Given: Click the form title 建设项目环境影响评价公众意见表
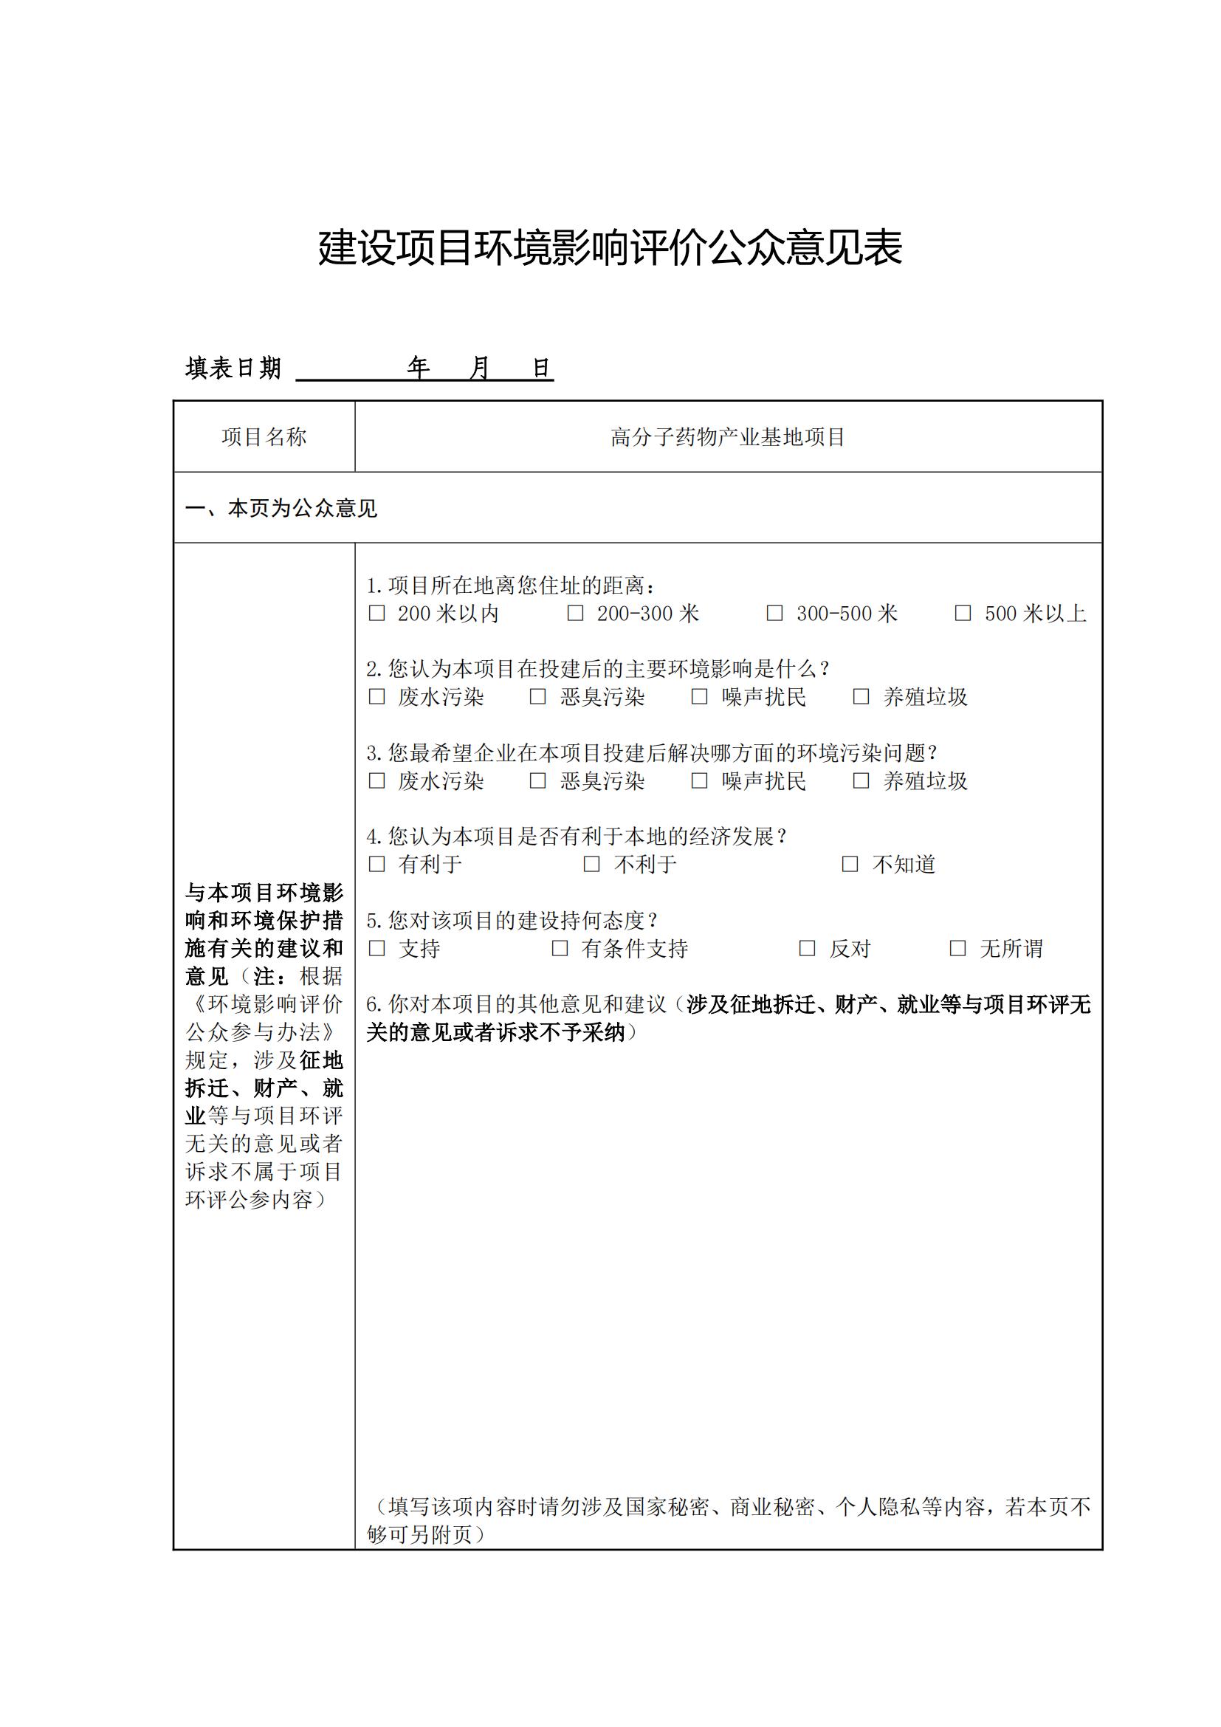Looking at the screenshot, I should click(610, 247).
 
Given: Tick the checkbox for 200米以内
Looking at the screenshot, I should click(376, 614).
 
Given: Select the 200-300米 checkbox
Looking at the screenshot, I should click(575, 614).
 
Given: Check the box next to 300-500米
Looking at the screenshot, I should click(774, 614).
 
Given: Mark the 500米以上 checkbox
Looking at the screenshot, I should click(963, 614).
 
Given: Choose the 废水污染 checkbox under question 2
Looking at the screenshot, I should click(376, 697).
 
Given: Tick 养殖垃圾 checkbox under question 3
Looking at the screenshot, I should click(861, 780).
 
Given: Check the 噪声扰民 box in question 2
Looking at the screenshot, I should click(699, 697).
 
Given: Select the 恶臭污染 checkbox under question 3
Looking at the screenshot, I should click(537, 780).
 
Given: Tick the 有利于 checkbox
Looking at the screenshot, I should click(376, 865).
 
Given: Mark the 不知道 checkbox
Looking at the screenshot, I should click(850, 865).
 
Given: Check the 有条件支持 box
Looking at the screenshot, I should click(560, 949).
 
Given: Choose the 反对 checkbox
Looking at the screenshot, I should click(807, 949).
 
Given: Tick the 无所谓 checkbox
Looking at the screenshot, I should click(958, 949).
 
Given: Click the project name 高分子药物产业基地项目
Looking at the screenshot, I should click(728, 437).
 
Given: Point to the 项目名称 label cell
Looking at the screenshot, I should click(264, 437).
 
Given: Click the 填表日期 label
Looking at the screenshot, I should click(233, 368).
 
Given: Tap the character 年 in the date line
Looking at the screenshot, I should click(418, 368).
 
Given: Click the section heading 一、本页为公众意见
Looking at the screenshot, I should click(281, 509).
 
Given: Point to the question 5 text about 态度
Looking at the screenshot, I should click(513, 920).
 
